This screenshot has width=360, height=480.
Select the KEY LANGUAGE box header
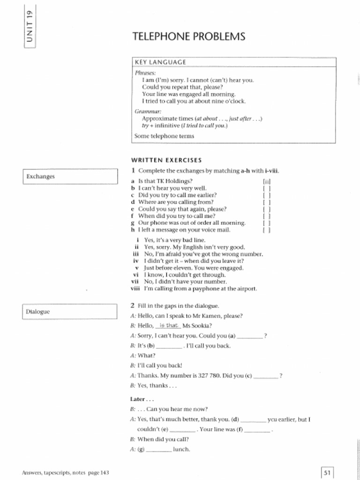pos(160,62)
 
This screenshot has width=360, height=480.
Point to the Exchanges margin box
pos(70,177)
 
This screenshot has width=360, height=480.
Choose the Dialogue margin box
pos(70,312)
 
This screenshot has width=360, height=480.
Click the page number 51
pos(327,472)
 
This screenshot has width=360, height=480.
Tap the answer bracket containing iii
pos(267,181)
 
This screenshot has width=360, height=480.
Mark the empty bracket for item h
pos(267,230)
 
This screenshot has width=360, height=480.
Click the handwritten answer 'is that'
pos(168,325)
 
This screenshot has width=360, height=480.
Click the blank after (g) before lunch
pos(159,450)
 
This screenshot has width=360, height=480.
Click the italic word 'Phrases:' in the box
pos(145,73)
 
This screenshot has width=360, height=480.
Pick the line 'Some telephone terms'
pos(164,136)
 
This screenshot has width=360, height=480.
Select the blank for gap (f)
pos(257,430)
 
